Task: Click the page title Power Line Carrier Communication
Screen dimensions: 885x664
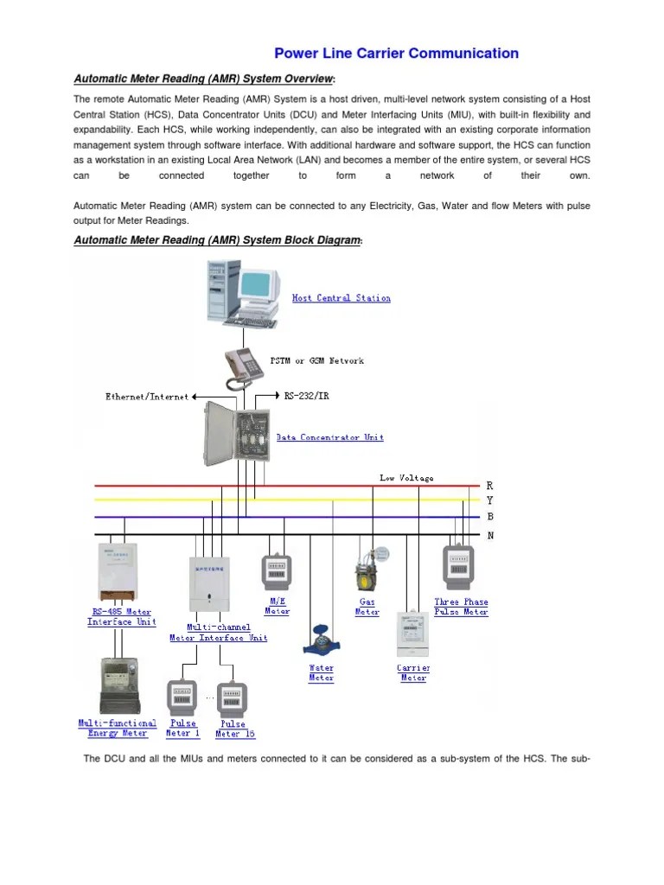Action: [x=396, y=54]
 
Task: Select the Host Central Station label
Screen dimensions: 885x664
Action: [x=341, y=298]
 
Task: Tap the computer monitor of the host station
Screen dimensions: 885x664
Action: [x=259, y=285]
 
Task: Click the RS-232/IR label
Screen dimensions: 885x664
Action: [x=306, y=396]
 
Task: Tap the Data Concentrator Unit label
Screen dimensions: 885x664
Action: [x=329, y=437]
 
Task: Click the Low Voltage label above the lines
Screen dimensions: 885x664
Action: [x=405, y=477]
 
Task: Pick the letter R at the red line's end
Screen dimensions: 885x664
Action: [x=490, y=487]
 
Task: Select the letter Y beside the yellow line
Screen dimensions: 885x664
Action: [x=490, y=501]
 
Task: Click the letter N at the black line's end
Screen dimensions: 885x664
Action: [x=490, y=534]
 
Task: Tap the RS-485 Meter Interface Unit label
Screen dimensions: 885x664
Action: [x=122, y=616]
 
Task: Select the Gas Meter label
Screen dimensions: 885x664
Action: [x=367, y=607]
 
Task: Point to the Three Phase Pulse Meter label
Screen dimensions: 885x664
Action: [x=461, y=607]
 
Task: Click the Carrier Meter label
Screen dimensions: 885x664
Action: [x=413, y=672]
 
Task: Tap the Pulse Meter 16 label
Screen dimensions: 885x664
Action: [x=231, y=729]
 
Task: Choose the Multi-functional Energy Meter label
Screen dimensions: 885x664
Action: [x=118, y=728]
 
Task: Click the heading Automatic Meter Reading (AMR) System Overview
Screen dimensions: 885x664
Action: [x=203, y=80]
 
